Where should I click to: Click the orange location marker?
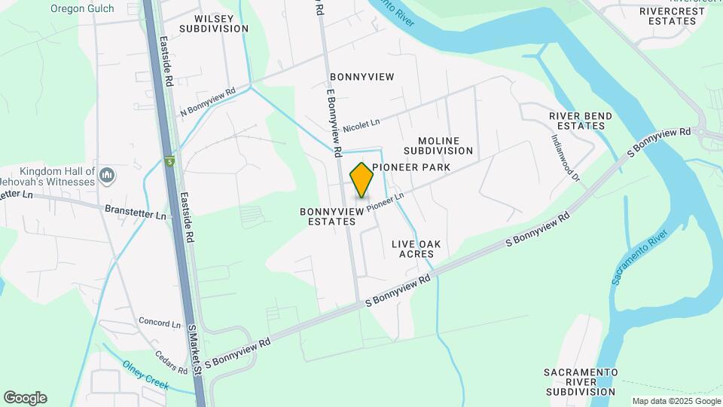[x=362, y=180]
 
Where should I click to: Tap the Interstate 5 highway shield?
[x=169, y=161]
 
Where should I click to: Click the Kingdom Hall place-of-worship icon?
[x=106, y=176]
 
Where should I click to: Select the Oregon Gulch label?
[x=82, y=8]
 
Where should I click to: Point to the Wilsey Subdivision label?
[x=214, y=23]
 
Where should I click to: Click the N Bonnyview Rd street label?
[x=208, y=102]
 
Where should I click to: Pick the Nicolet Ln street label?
[x=361, y=125]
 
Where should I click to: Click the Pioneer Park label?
[x=411, y=167]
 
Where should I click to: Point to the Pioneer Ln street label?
[x=386, y=200]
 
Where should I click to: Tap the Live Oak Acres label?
[x=416, y=249]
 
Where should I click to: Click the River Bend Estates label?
[x=581, y=121]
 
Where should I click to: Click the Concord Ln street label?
[x=160, y=323]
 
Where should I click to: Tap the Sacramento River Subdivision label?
[x=581, y=382]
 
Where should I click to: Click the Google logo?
[x=25, y=398]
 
